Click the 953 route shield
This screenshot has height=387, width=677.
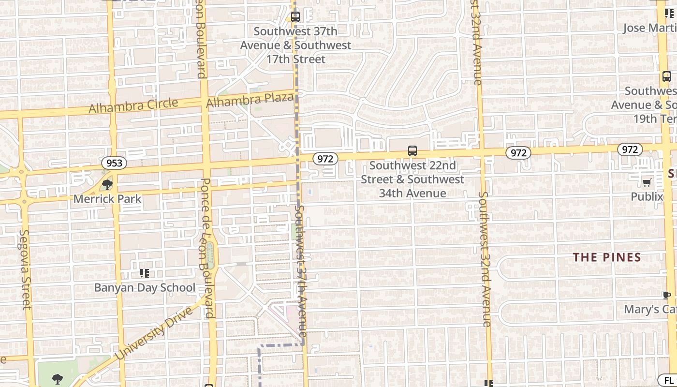coord(114,163)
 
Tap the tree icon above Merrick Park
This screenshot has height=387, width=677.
coord(107,184)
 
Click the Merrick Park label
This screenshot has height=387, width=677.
coord(107,199)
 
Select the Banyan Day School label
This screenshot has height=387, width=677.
coord(145,287)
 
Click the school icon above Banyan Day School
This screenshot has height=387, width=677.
coord(144,273)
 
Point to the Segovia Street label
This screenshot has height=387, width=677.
coord(25,269)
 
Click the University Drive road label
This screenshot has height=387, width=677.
coord(153,333)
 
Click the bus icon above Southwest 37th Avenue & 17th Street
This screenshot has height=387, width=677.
coord(295,17)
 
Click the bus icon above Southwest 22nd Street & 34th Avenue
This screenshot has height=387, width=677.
coord(412,151)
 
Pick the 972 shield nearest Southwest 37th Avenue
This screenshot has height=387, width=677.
coord(325,158)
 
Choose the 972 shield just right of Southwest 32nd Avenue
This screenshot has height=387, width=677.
coord(518,153)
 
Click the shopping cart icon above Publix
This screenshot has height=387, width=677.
coord(647,182)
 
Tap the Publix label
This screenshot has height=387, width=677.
coord(647,196)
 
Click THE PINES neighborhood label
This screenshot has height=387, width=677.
coord(607,257)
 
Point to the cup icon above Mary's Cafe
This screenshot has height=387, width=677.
coord(667,295)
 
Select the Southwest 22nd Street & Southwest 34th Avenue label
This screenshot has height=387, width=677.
coord(412,179)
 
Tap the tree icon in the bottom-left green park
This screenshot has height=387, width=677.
coord(57,379)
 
